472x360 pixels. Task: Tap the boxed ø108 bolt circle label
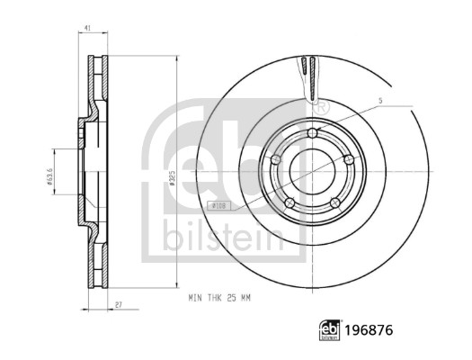coord(218,206)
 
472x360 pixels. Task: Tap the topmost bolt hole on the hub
coord(312,134)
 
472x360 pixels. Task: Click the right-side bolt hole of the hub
coord(348,159)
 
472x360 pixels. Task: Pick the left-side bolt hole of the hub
coord(276,160)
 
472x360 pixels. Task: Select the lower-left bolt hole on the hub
coord(289,202)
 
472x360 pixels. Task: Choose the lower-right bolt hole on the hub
coord(334,202)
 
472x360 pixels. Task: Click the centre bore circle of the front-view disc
coord(312,172)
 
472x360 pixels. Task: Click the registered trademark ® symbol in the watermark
coord(322,106)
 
